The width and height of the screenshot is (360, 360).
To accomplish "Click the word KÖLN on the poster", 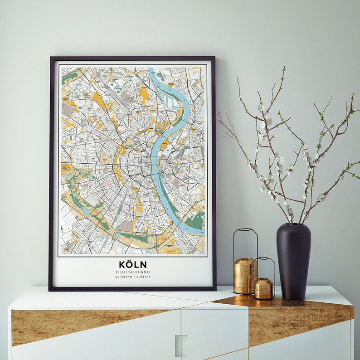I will [133, 264].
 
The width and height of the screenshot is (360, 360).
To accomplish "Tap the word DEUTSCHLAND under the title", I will [133, 272].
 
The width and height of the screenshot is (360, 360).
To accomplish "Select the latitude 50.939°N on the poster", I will [123, 277].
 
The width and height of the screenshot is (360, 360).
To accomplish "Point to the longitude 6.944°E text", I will [143, 277].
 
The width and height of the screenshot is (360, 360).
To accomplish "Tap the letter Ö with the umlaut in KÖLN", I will [130, 263].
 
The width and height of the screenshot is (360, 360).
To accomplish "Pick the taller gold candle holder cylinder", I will [244, 275].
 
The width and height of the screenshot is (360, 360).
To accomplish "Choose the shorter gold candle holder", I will [263, 288].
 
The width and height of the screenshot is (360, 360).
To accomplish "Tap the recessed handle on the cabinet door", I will [181, 345].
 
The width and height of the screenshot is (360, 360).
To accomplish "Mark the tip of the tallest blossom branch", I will [284, 68].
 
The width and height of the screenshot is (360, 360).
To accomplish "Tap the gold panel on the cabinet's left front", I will [68, 324].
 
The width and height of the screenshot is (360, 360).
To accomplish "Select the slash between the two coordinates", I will [133, 277].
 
